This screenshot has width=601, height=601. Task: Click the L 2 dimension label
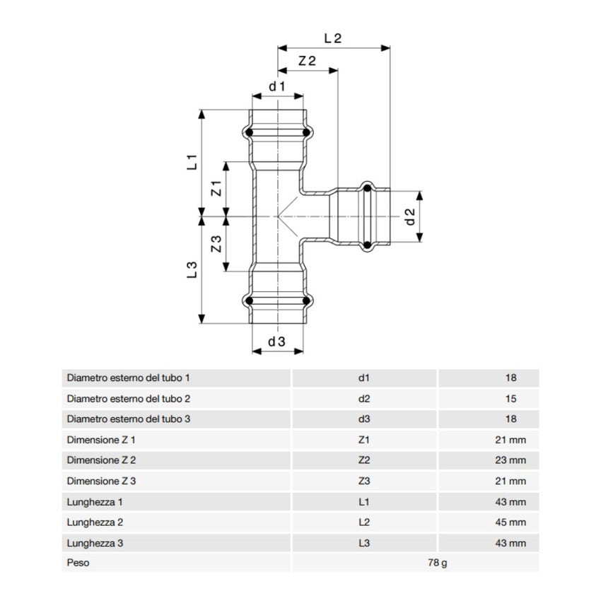point(332,40)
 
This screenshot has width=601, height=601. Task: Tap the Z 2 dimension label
point(306,62)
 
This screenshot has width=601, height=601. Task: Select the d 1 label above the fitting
point(276,87)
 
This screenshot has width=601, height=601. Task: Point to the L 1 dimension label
point(191,162)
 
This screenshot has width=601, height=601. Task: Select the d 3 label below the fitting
point(276,342)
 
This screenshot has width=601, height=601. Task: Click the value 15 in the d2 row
point(511,399)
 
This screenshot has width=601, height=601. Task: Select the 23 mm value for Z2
point(511,460)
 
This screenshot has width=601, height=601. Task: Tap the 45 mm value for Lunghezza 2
point(511,523)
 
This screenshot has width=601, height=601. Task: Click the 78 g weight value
point(438,564)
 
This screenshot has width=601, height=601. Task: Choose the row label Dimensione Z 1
point(101,440)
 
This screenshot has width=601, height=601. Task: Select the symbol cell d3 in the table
point(364,419)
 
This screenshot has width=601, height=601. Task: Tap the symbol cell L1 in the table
point(364,502)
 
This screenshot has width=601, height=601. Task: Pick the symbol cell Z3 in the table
point(364,481)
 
